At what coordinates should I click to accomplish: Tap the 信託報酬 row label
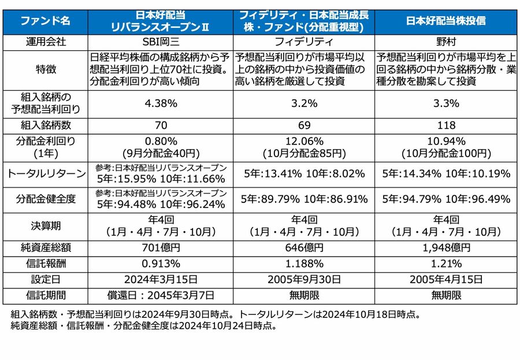pos(46,264)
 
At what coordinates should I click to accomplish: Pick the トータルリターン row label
pos(46,173)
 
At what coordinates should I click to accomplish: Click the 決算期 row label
pos(46,226)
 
